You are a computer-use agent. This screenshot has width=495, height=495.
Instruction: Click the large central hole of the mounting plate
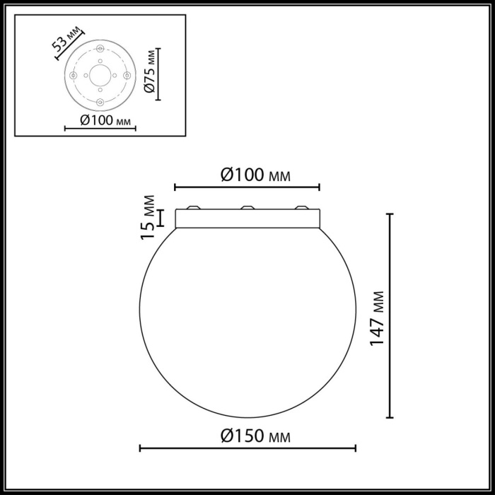pyautogui.click(x=100, y=75)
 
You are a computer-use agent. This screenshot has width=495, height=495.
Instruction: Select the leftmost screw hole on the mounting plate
pyautogui.click(x=73, y=76)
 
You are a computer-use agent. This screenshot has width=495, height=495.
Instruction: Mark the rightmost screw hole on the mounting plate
pyautogui.click(x=127, y=75)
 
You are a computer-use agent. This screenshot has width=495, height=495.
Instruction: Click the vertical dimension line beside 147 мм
pyautogui.click(x=390, y=316)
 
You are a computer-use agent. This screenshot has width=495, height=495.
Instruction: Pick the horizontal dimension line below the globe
pyautogui.click(x=248, y=448)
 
